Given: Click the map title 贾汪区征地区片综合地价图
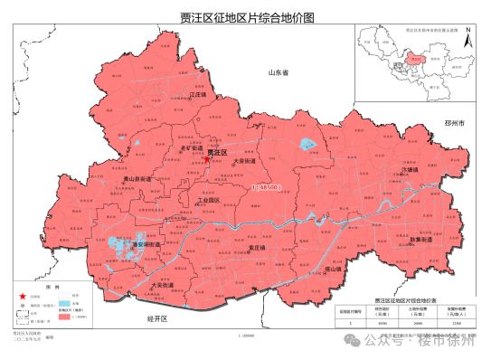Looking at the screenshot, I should coord(244,15).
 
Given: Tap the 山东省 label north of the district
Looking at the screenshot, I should coord(277,71).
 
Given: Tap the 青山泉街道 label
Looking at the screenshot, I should coord(141,180).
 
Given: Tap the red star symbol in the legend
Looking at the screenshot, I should coord(22,296).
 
